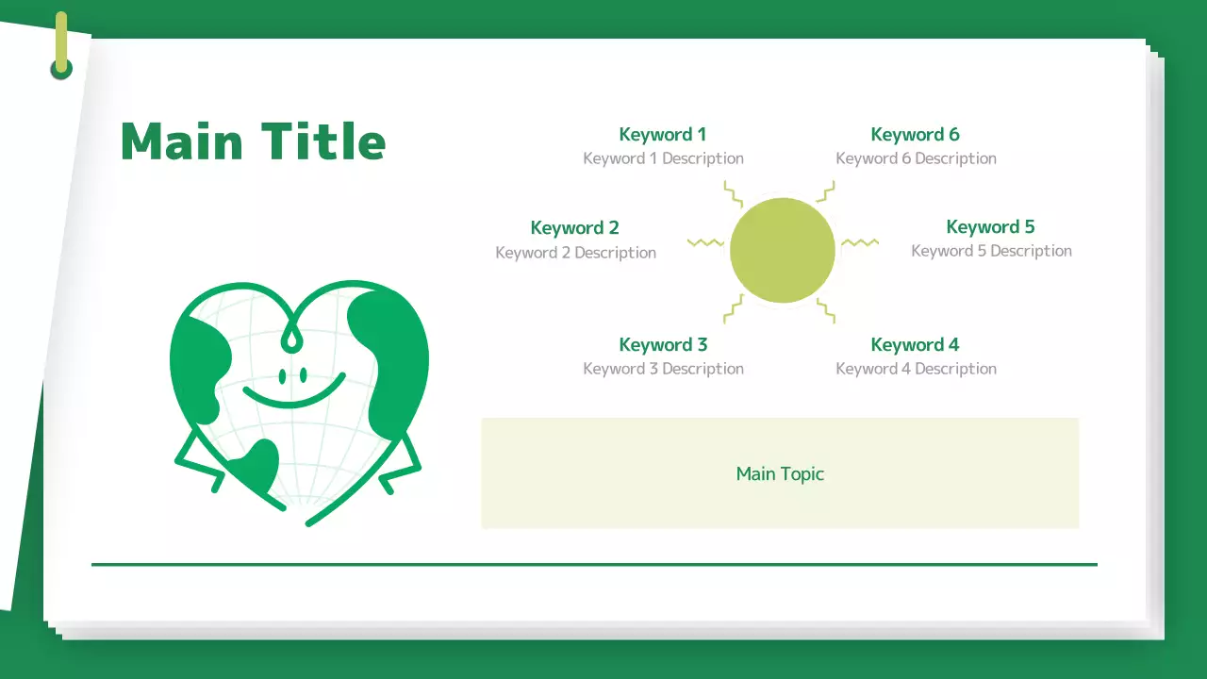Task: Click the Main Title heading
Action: click(x=253, y=141)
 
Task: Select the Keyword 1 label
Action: click(x=662, y=134)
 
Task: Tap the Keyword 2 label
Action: click(x=574, y=227)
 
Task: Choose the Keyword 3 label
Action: click(x=663, y=344)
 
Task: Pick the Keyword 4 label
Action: click(x=915, y=344)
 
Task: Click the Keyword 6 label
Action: click(x=915, y=134)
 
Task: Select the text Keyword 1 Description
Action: click(x=663, y=158)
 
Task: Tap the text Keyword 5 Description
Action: click(x=991, y=251)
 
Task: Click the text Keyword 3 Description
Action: click(x=663, y=369)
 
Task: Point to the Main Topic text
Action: click(x=780, y=473)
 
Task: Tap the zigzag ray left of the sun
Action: click(x=705, y=243)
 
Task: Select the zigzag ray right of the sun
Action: click(x=859, y=243)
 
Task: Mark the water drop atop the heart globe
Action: click(x=293, y=337)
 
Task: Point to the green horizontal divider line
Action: click(x=594, y=564)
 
